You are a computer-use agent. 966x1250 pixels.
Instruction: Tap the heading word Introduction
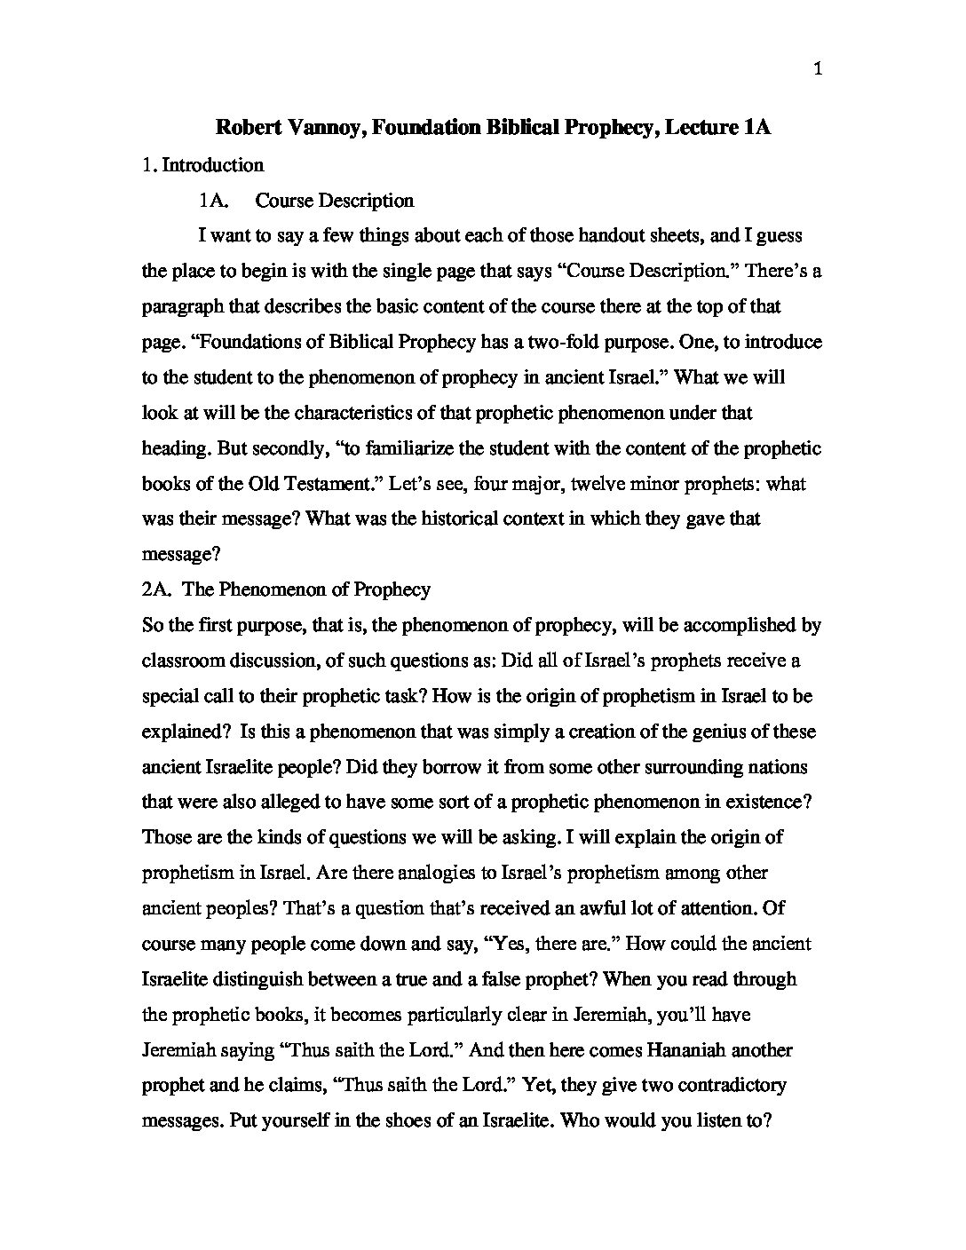click(x=213, y=165)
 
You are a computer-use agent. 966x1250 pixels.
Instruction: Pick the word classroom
click(x=181, y=661)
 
